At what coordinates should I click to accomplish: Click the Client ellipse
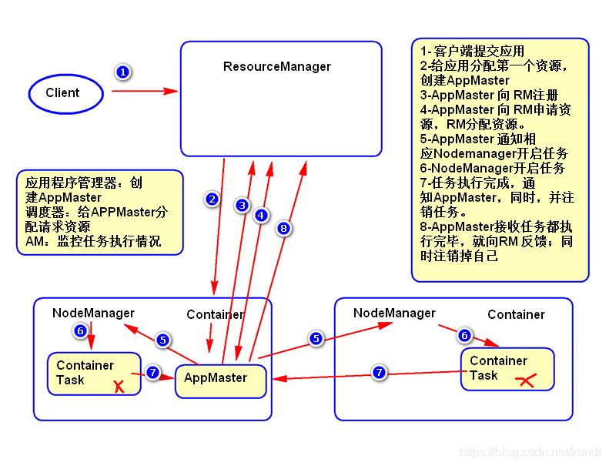click(x=65, y=93)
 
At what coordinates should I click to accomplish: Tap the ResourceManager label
click(x=277, y=66)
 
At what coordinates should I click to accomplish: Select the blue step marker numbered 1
click(x=122, y=72)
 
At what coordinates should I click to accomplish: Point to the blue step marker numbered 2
click(x=212, y=199)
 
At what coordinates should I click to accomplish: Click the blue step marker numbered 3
click(x=242, y=205)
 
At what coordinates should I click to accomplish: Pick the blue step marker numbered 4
click(x=261, y=215)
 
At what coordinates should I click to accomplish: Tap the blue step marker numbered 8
click(x=283, y=228)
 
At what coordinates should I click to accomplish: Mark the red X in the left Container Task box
click(x=119, y=385)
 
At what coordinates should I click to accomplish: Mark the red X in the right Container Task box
click(x=525, y=381)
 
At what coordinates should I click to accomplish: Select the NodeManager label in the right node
click(x=394, y=313)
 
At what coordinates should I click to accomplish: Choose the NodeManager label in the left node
click(x=93, y=313)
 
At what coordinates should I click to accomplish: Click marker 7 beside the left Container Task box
click(x=152, y=372)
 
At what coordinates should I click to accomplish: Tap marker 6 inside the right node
click(x=463, y=335)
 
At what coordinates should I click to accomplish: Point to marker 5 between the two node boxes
click(x=316, y=338)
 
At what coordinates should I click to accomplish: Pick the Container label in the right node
click(x=516, y=314)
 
